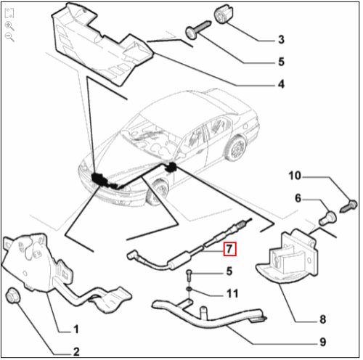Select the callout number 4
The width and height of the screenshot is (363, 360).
(x=280, y=84)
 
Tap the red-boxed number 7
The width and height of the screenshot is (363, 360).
(x=229, y=248)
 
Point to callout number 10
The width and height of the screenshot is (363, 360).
(x=294, y=176)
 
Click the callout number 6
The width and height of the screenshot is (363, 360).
(x=298, y=197)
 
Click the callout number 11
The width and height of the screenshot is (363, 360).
(x=232, y=293)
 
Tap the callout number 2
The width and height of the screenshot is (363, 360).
(x=77, y=351)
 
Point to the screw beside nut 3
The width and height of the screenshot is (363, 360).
(x=197, y=29)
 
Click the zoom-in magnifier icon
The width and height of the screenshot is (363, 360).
(x=9, y=25)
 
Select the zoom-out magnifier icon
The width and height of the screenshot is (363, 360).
(x=9, y=37)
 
